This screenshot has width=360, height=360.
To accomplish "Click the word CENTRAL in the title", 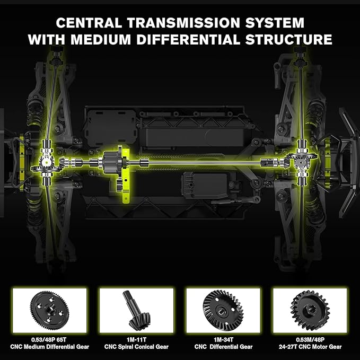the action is click(x=89, y=23).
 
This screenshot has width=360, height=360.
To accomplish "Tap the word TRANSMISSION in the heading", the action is click(x=183, y=23).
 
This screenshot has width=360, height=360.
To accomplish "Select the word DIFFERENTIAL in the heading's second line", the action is click(x=188, y=39).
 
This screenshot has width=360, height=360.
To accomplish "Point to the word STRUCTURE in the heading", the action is click(x=288, y=39).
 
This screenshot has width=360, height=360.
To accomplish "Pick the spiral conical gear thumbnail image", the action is click(x=136, y=310).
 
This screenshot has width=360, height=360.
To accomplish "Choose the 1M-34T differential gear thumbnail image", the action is click(x=223, y=310).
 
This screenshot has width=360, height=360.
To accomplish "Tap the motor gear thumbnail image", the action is click(x=310, y=310).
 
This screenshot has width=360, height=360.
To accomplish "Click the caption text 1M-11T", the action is click(x=136, y=340).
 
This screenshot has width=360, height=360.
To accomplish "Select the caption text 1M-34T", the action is click(x=223, y=340).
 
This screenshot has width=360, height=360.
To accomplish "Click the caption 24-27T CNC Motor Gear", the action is click(x=310, y=347).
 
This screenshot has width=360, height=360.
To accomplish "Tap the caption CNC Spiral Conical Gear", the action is click(x=136, y=347).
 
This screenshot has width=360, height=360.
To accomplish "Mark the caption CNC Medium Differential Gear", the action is click(x=50, y=347).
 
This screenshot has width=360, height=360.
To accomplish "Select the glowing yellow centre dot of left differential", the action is click(x=47, y=162).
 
